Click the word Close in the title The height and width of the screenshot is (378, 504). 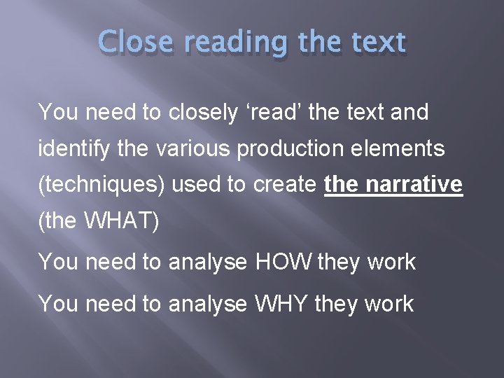[135, 43]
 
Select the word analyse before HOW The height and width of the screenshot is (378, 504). [208, 262]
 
